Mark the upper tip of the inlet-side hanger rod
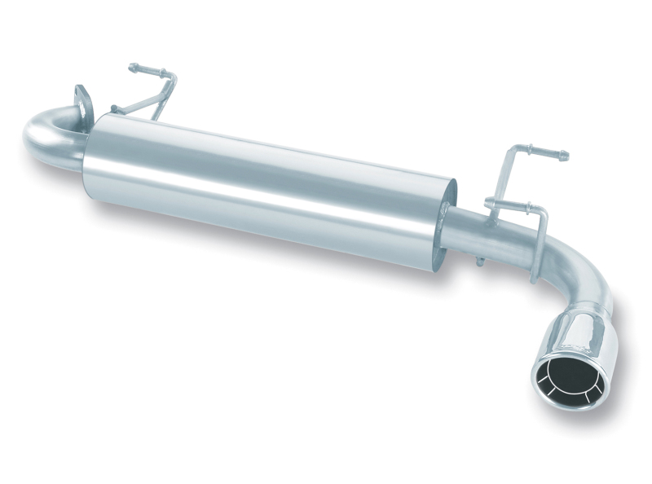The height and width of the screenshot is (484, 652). click(x=133, y=68)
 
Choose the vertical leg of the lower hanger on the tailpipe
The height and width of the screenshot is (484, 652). click(x=540, y=244)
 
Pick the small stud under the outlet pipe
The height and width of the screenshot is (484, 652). click(x=479, y=262)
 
